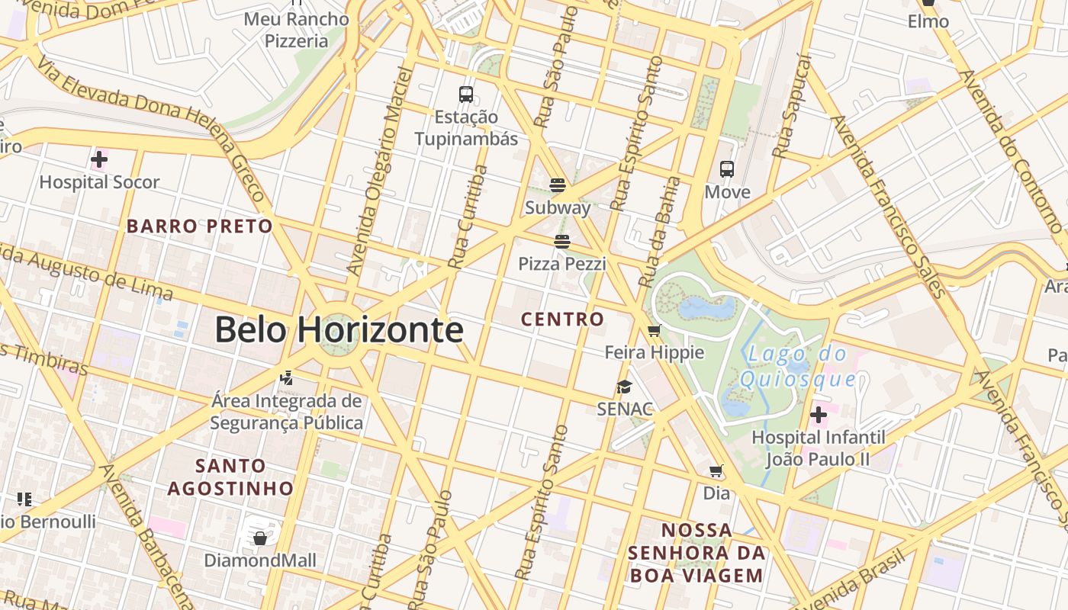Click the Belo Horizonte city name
(339, 329)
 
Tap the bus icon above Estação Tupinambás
(466, 95)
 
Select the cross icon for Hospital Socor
(99, 159)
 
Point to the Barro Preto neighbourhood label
(199, 226)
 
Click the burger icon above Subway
(558, 185)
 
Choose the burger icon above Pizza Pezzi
(562, 242)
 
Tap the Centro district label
(562, 319)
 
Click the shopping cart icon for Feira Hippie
(654, 331)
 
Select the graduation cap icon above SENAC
(625, 387)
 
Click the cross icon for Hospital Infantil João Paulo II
(819, 415)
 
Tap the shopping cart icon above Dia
(716, 471)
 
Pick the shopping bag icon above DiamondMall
(259, 538)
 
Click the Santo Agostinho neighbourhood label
(230, 477)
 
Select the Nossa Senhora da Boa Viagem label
(696, 553)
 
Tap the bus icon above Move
(727, 169)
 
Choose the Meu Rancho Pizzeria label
(296, 30)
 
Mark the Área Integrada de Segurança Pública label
(287, 412)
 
